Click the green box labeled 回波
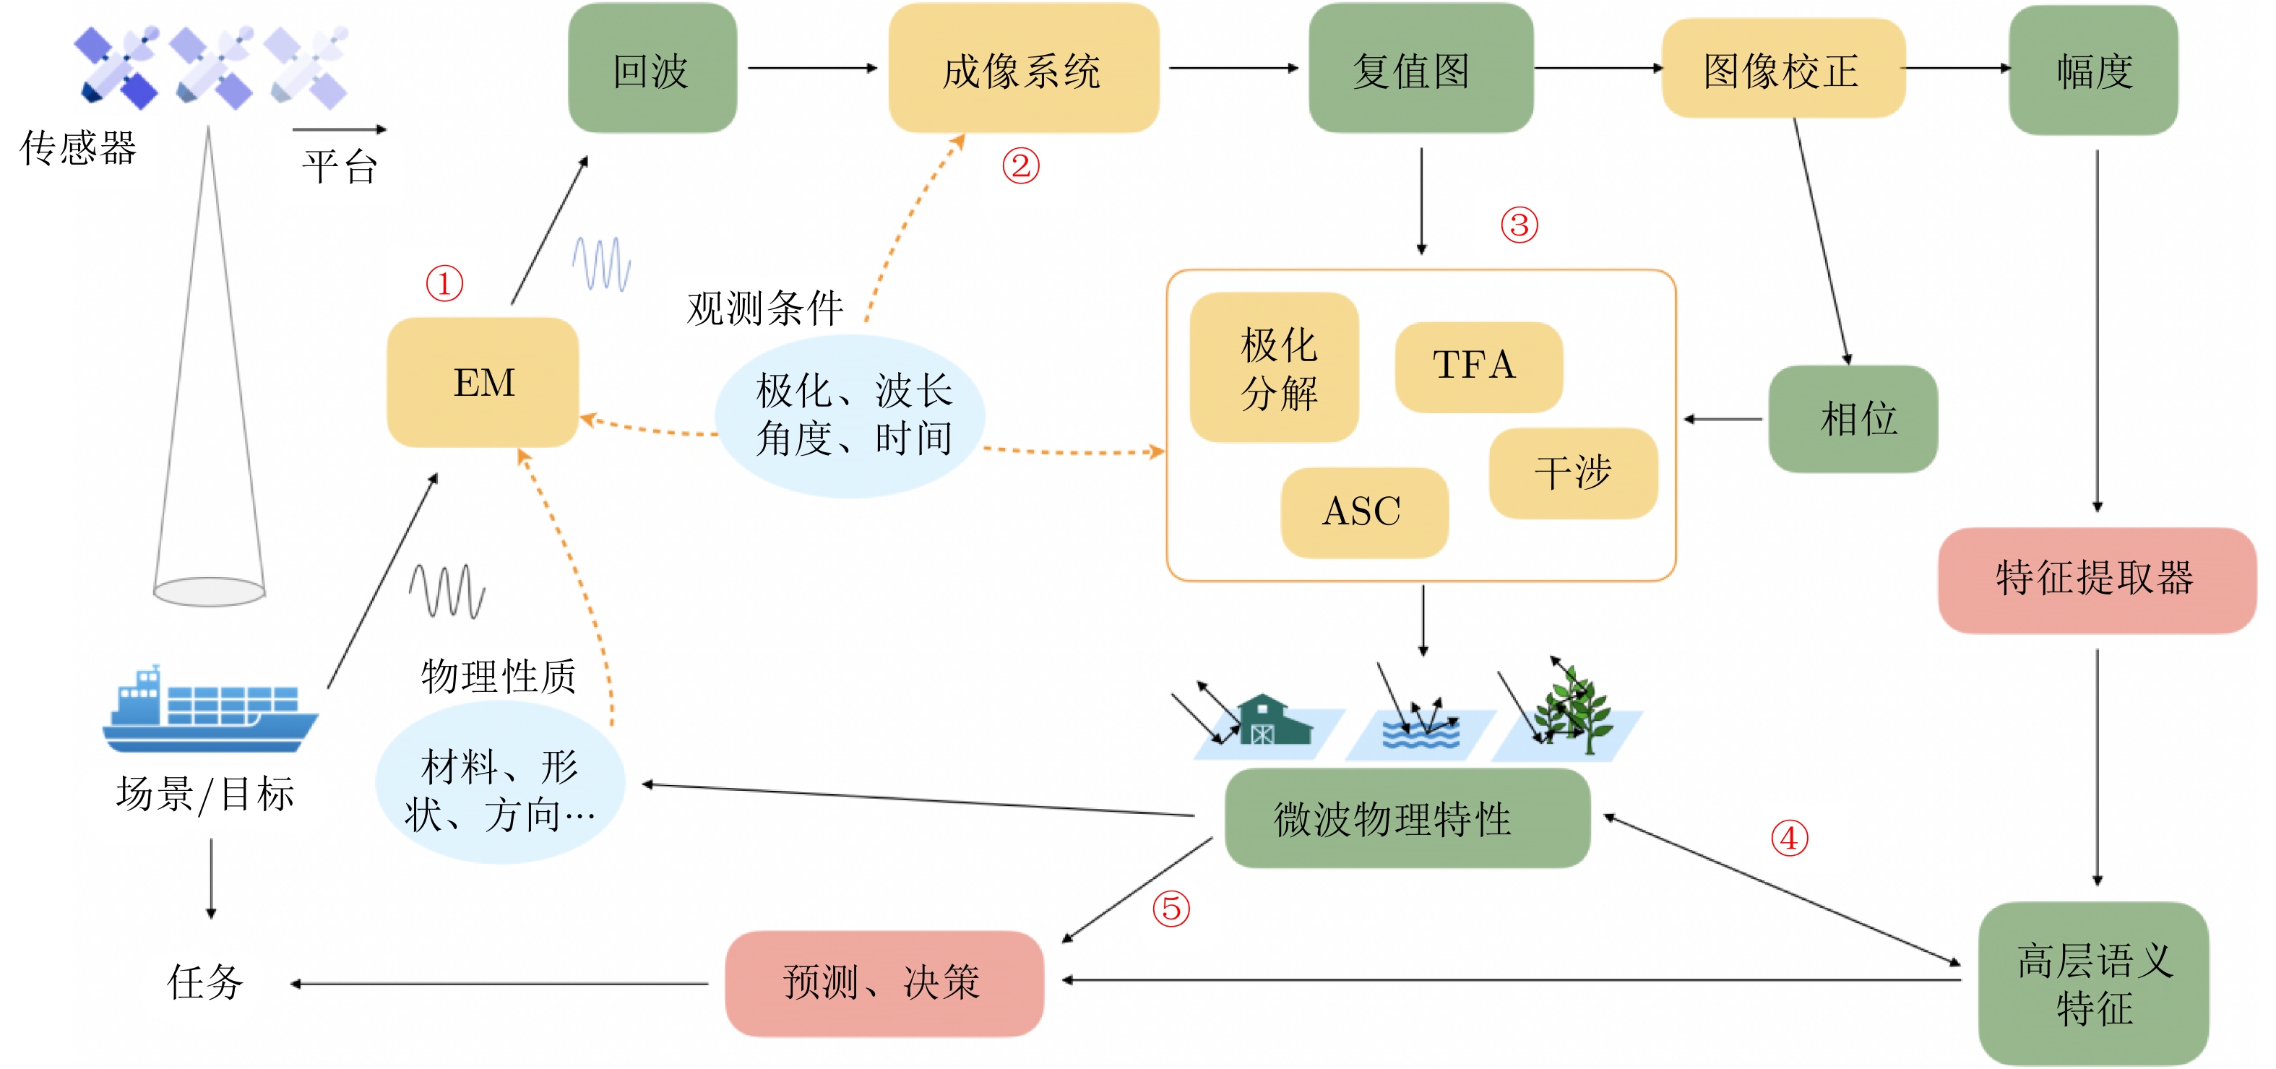(652, 68)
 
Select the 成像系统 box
(1023, 68)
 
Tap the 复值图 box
(1421, 68)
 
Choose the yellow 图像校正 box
(1783, 68)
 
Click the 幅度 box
(2093, 70)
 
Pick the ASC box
(1364, 512)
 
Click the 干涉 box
(1573, 474)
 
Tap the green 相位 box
(1853, 419)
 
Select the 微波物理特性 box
(1408, 818)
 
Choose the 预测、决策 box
(884, 983)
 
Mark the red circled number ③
(1520, 225)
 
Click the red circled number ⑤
(1171, 908)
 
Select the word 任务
(205, 982)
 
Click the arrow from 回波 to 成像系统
(813, 68)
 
